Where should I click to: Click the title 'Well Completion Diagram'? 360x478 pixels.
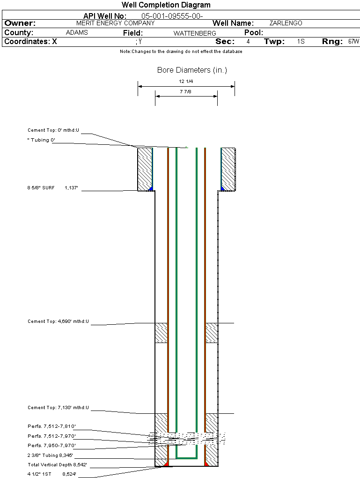pyautogui.click(x=166, y=5)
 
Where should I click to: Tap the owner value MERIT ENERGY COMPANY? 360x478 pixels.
pyautogui.click(x=115, y=23)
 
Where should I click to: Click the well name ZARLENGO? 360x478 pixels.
pyautogui.click(x=286, y=23)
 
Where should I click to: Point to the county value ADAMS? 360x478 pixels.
pyautogui.click(x=77, y=33)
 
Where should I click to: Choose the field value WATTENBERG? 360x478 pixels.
pyautogui.click(x=195, y=33)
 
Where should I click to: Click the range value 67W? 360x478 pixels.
pyautogui.click(x=353, y=42)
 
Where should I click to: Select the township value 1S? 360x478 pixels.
pyautogui.click(x=301, y=42)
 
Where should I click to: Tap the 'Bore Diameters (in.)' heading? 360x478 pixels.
pyautogui.click(x=192, y=70)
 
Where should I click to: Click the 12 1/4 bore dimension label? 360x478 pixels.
pyautogui.click(x=186, y=82)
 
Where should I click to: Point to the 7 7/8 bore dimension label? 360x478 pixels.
pyautogui.click(x=186, y=91)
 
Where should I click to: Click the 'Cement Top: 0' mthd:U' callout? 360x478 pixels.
pyautogui.click(x=54, y=130)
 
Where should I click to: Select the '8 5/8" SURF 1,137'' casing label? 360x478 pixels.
pyautogui.click(x=52, y=188)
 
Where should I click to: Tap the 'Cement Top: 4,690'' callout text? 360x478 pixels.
pyautogui.click(x=59, y=321)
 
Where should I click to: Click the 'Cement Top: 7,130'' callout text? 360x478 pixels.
pyautogui.click(x=59, y=408)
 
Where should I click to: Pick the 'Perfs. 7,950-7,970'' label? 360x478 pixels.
pyautogui.click(x=51, y=445)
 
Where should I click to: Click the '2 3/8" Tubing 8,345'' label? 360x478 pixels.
pyautogui.click(x=50, y=455)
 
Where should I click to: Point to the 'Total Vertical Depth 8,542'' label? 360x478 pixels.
pyautogui.click(x=57, y=465)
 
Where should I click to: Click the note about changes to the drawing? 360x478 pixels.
pyautogui.click(x=181, y=52)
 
